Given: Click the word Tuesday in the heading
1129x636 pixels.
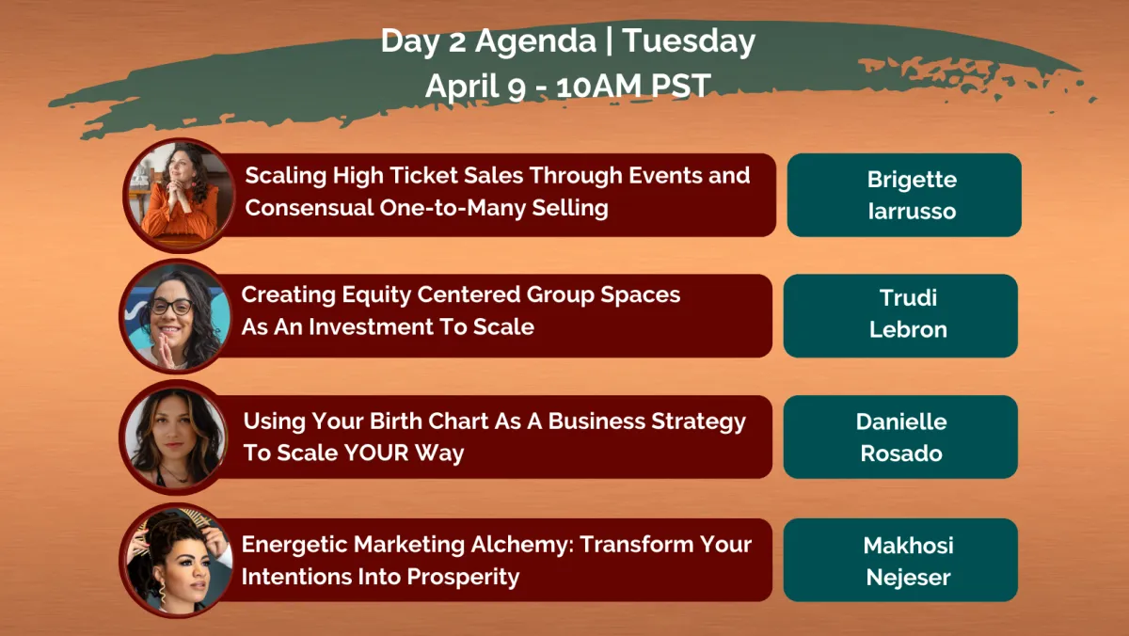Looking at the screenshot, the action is [x=689, y=40].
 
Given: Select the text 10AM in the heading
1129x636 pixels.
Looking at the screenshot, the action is [x=598, y=86].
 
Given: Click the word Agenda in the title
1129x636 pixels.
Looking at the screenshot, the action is [x=535, y=41].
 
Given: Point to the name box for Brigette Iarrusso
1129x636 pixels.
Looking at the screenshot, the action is [x=904, y=195].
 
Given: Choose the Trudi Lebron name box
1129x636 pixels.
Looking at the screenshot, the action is [x=900, y=316].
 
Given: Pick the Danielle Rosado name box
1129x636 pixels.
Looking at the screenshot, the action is [x=900, y=437].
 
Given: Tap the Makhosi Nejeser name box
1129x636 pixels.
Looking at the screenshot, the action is [x=900, y=560].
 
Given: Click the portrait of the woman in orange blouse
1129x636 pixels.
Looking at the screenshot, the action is [x=179, y=195].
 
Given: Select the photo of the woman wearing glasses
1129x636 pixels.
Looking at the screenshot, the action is [x=176, y=316].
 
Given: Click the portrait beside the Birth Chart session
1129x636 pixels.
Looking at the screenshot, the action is [x=175, y=437].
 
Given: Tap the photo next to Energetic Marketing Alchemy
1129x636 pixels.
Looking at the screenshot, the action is [x=176, y=560].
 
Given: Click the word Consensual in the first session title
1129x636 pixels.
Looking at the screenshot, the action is [x=309, y=208].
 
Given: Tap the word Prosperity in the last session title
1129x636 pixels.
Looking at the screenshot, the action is [x=463, y=578].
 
